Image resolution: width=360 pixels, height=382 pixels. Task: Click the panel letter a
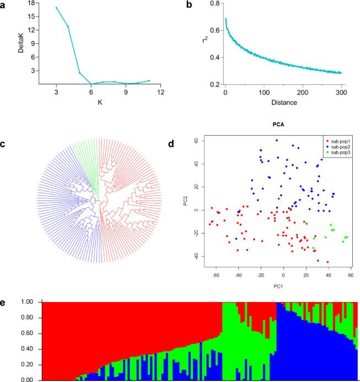(4, 4)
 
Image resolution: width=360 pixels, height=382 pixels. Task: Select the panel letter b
(189, 4)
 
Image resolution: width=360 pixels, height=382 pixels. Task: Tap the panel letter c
(4, 144)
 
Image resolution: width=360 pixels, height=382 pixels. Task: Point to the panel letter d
(189, 144)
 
